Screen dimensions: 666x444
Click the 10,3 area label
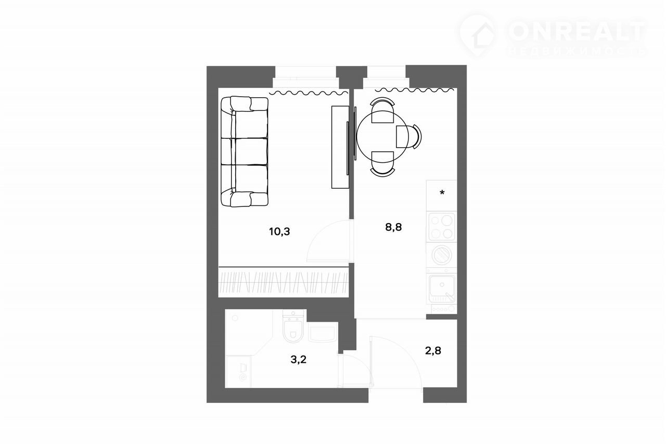point(279,231)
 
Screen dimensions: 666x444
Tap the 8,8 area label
point(393,227)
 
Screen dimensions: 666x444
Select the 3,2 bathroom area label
point(299,360)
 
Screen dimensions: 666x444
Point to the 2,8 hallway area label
point(433,351)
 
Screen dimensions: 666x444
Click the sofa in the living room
point(245,151)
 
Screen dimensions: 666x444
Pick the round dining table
point(383,137)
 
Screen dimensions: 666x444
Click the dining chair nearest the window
point(382,110)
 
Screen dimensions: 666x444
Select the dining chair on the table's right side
point(409,137)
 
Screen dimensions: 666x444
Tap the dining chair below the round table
point(382,164)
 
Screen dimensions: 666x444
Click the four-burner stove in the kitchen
point(442,227)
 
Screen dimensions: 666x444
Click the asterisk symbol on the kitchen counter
point(442,192)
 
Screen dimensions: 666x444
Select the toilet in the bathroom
point(293,327)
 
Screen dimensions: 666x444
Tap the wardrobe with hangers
point(284,282)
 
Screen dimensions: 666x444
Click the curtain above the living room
point(309,93)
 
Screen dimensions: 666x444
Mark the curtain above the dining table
point(415,89)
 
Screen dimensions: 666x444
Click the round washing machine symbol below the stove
point(442,255)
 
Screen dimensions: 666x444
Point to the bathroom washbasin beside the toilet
point(322,333)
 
